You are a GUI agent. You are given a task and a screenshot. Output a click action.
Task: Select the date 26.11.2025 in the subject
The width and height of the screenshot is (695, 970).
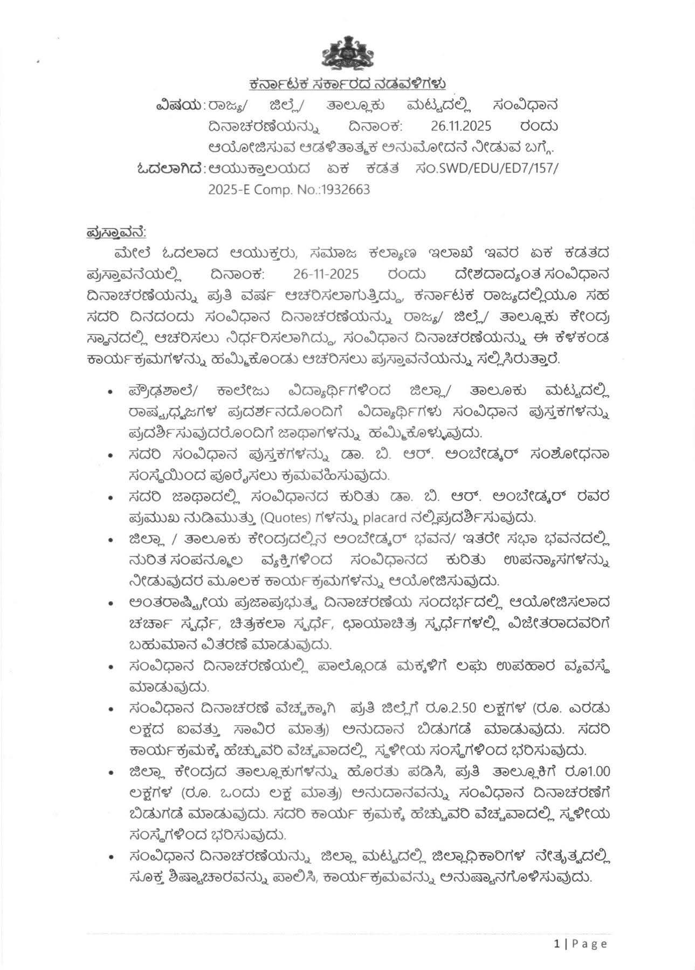[x=461, y=127]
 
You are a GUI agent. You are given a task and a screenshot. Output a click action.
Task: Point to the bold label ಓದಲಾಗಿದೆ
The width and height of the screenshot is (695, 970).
[x=169, y=169]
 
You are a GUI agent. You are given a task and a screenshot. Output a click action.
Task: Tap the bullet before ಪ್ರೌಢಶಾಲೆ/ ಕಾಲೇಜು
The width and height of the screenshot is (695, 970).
[x=111, y=392]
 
